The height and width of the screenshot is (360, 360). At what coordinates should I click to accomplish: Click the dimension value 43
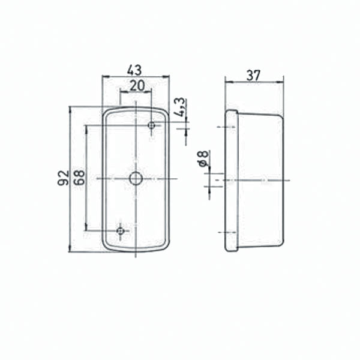click(x=135, y=69)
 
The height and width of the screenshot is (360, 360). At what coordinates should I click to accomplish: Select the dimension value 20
click(x=136, y=85)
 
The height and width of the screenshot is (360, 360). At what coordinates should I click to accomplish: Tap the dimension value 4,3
click(x=179, y=107)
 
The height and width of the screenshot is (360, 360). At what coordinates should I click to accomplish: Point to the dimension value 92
click(x=63, y=178)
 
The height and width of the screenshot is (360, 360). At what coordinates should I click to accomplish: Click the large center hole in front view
click(x=136, y=178)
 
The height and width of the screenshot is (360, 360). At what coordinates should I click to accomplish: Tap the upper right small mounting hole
click(x=152, y=125)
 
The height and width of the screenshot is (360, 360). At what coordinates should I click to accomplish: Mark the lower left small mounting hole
click(x=121, y=230)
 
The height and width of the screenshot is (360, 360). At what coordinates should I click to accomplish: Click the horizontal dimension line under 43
click(x=136, y=77)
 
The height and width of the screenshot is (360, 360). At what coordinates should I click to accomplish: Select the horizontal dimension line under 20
click(x=136, y=92)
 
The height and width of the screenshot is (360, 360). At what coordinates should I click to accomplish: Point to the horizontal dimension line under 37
click(x=254, y=82)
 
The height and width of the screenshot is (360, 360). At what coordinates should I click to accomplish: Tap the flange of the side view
click(x=231, y=180)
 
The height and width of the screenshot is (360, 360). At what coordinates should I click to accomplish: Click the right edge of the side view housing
click(x=283, y=180)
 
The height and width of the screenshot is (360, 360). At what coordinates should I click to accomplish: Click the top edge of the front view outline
click(x=136, y=107)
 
